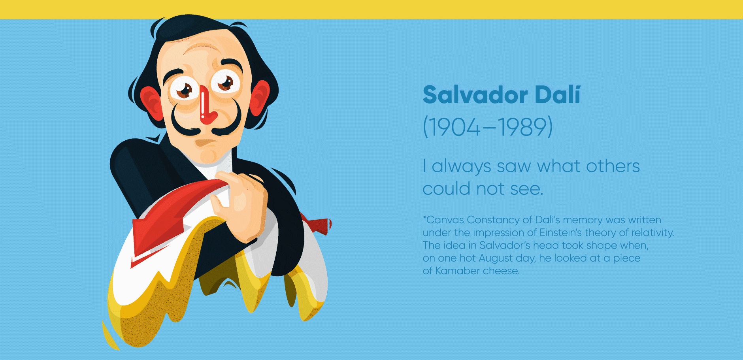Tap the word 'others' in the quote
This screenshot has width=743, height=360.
tap(613, 166)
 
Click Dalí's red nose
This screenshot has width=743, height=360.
tap(206, 107)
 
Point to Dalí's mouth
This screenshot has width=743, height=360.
tap(207, 143)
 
